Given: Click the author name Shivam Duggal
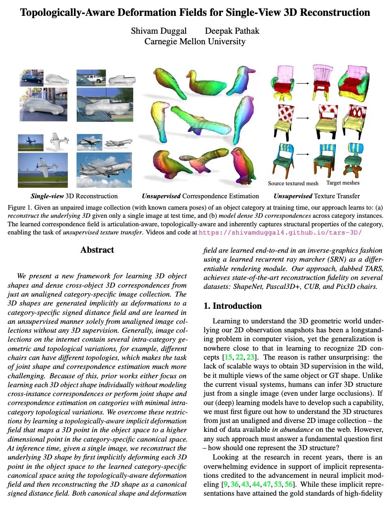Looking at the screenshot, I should (159, 31).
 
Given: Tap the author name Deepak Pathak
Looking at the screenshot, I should (232, 31).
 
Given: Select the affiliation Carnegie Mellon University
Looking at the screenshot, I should (195, 41).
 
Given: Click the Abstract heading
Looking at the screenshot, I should (97, 250).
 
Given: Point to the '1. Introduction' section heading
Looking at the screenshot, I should (233, 306).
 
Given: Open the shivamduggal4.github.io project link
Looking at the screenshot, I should (280, 233).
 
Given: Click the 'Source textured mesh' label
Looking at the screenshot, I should (293, 183).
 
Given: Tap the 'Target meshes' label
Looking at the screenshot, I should (343, 183).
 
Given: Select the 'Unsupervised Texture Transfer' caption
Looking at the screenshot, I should (316, 196).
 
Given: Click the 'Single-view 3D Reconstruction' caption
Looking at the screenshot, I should (74, 196).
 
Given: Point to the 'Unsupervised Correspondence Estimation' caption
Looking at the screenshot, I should (200, 196).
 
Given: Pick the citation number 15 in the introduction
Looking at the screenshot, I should (229, 357).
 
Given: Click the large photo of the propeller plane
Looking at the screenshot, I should (43, 170).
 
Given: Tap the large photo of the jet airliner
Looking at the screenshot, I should (104, 170).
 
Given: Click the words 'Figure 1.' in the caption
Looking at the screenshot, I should (19, 207).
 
